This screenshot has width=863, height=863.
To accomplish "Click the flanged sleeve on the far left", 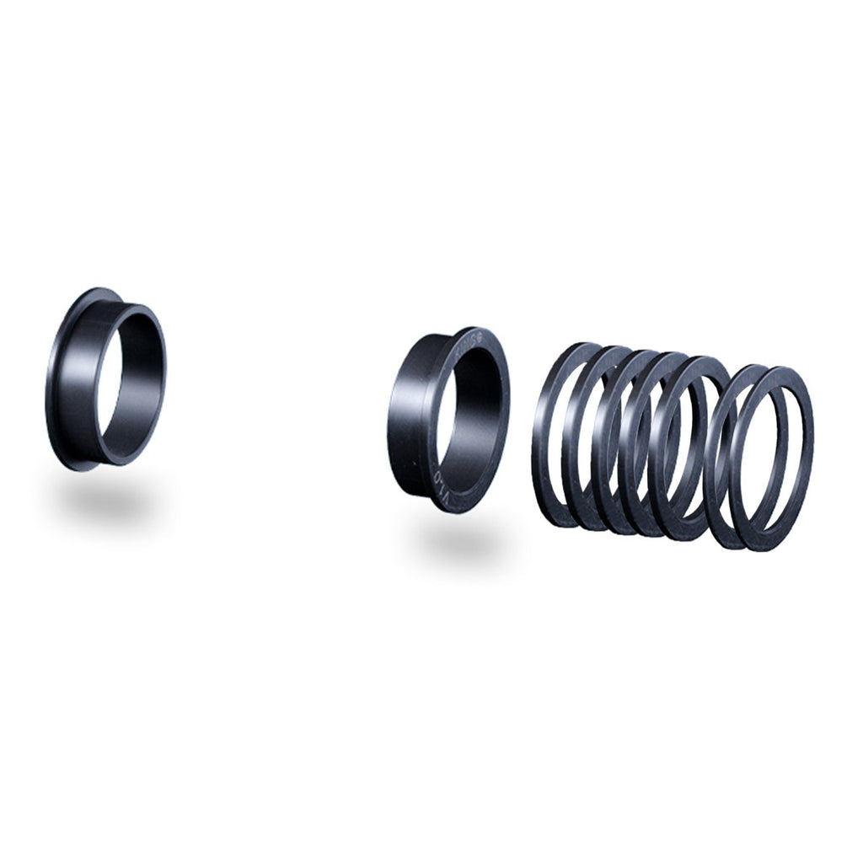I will point(106,379).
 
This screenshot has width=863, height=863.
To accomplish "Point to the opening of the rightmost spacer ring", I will point(770,459).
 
